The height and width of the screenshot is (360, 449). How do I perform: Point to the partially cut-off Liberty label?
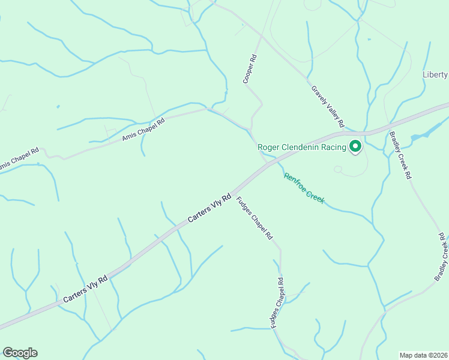click(x=435, y=74)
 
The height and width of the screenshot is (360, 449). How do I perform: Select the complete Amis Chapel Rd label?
click(x=143, y=130)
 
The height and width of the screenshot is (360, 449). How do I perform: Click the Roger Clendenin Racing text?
click(x=302, y=147)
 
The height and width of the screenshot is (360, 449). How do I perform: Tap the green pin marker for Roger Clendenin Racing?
click(x=355, y=146)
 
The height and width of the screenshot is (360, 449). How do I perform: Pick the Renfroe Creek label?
click(x=304, y=188)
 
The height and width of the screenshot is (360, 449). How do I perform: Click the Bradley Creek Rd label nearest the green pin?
click(x=400, y=155)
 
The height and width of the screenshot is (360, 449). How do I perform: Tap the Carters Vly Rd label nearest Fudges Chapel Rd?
click(x=209, y=208)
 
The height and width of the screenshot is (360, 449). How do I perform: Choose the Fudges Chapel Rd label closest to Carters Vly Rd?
click(x=254, y=219)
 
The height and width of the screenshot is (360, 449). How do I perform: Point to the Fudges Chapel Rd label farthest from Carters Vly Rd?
click(x=277, y=302)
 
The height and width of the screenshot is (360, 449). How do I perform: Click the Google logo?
click(x=20, y=353)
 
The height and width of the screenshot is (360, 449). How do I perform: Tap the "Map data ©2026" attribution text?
click(x=424, y=355)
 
